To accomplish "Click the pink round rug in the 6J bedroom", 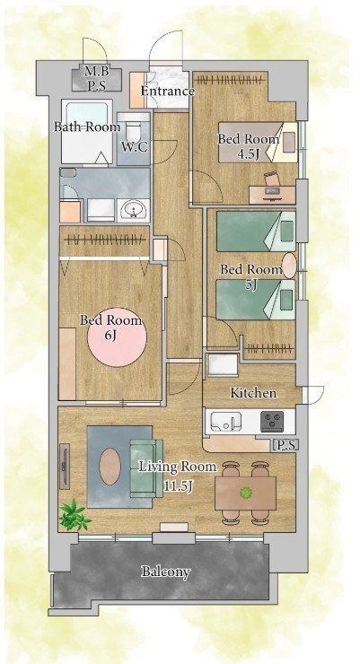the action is pyautogui.click(x=117, y=337).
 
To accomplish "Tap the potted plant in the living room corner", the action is pyautogui.click(x=75, y=514).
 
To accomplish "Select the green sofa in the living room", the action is pyautogui.click(x=146, y=467).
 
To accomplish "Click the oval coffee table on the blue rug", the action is pyautogui.click(x=110, y=467).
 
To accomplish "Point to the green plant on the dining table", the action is pyautogui.click(x=245, y=493).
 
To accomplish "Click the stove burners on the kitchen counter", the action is pyautogui.click(x=272, y=421).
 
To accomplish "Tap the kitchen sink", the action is pyautogui.click(x=226, y=422).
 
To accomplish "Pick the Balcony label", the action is pyautogui.click(x=165, y=572).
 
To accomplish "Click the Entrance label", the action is pyautogui.click(x=167, y=91).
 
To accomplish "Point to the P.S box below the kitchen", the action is pyautogui.click(x=285, y=445).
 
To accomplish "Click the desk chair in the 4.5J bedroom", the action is pyautogui.click(x=271, y=179).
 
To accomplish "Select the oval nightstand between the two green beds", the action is pyautogui.click(x=289, y=266).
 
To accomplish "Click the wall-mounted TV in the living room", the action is pyautogui.click(x=65, y=466).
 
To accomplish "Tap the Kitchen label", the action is pyautogui.click(x=253, y=393).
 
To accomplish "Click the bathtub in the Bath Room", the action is pyautogui.click(x=87, y=132).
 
